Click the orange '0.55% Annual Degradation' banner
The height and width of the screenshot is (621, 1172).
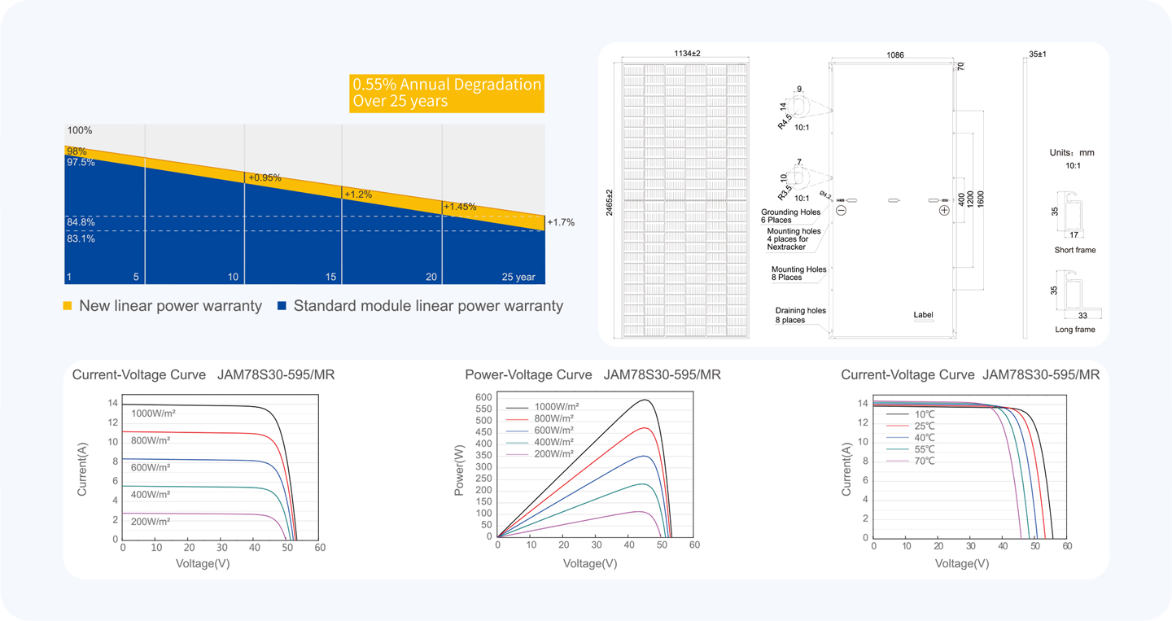[x=447, y=93]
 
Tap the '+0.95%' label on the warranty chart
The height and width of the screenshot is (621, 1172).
[x=265, y=178]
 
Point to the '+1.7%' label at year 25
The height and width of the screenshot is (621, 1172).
[x=561, y=222]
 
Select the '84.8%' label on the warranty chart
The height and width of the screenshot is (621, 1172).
[x=81, y=222]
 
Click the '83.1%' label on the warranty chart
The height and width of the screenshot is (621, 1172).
[x=81, y=238]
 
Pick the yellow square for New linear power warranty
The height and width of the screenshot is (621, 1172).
[x=68, y=305]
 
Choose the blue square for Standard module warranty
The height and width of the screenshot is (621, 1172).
[x=282, y=305]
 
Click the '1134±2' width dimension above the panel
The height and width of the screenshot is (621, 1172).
[x=687, y=54]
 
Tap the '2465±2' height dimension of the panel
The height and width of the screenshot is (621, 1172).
[x=609, y=203]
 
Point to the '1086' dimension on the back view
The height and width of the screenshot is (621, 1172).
[x=895, y=55]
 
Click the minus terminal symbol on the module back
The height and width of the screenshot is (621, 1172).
[x=841, y=210]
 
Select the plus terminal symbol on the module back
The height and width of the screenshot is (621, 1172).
[x=944, y=210]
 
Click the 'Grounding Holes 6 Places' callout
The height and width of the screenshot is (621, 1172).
[x=790, y=216]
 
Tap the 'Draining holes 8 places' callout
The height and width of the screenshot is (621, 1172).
[x=801, y=315]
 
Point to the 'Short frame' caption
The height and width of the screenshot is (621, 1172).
[x=1074, y=250]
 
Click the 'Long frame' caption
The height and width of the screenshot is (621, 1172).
[x=1074, y=330]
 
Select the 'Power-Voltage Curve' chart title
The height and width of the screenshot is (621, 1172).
[x=528, y=374]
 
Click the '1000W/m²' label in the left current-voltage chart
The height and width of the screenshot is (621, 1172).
[x=153, y=413]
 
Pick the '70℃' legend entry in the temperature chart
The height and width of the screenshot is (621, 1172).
[x=925, y=461]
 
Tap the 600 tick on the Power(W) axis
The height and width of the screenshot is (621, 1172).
[x=483, y=397]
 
